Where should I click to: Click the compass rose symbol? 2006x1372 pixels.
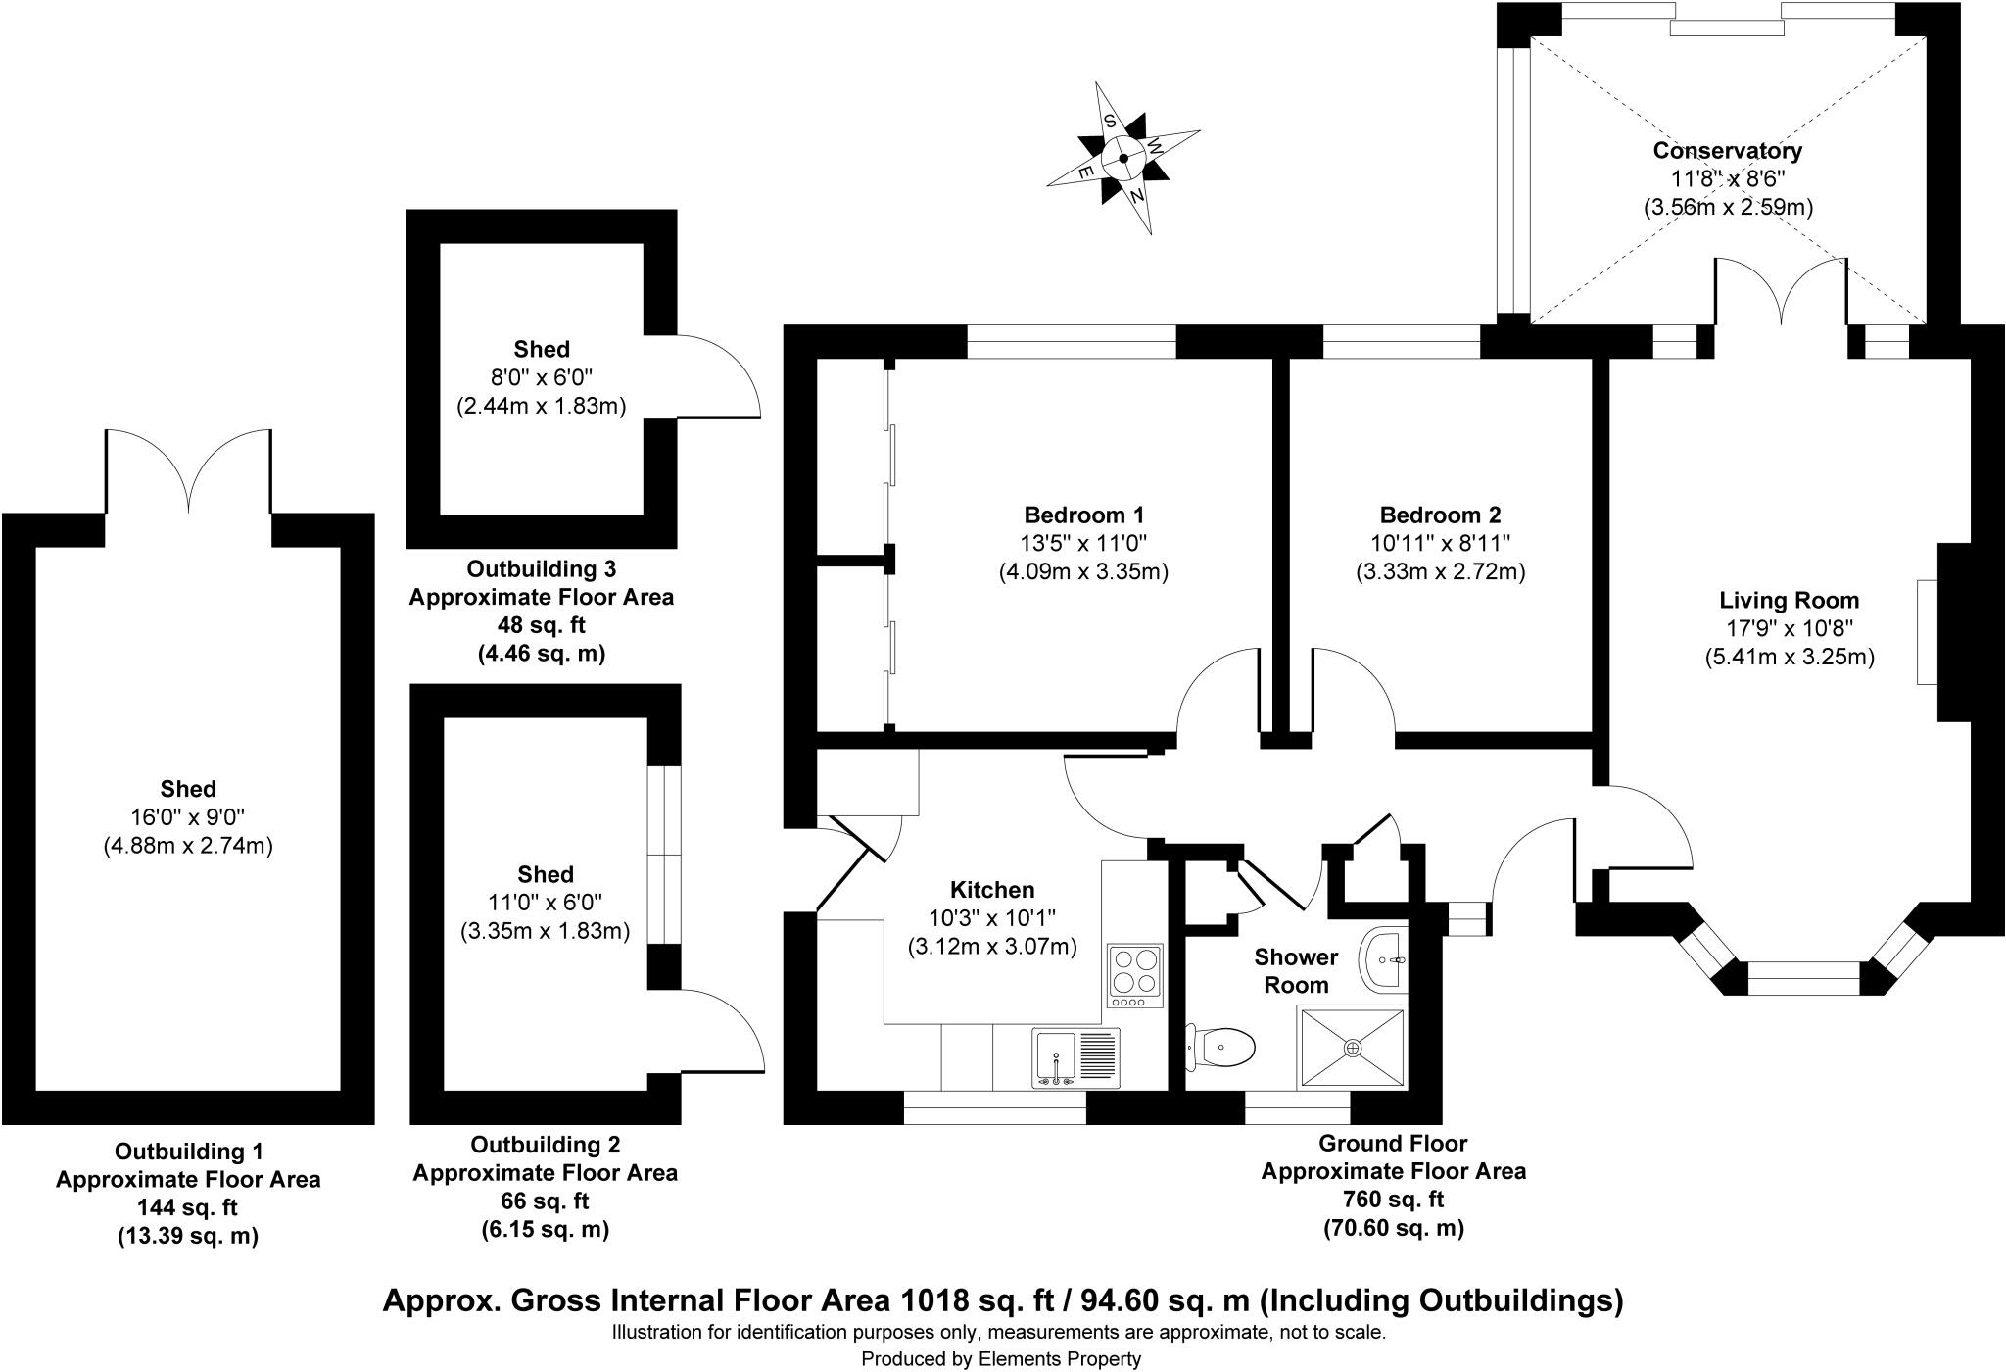point(1123,158)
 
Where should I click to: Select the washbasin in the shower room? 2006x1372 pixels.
point(1384,960)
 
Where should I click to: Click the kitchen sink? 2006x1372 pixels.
point(1075,1057)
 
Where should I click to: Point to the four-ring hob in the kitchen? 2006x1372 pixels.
point(1135,976)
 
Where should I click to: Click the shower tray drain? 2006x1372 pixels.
point(1353,1048)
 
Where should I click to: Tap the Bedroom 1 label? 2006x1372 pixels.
point(1083,514)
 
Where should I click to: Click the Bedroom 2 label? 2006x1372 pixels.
point(1440,514)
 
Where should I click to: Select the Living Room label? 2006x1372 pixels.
point(1790,600)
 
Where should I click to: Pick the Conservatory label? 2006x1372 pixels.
point(1728,151)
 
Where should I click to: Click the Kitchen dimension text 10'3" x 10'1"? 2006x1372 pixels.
point(993,918)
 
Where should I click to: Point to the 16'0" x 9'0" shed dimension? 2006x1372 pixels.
point(188,817)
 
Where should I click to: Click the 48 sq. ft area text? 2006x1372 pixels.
point(542,625)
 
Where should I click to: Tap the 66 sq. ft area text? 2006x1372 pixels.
point(545,1200)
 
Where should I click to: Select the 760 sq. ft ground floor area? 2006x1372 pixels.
point(1394,1200)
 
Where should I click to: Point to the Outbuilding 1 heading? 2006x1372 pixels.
point(189,1151)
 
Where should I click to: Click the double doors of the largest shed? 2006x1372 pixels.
point(188,471)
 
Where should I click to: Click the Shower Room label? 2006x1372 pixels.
point(1296,971)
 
